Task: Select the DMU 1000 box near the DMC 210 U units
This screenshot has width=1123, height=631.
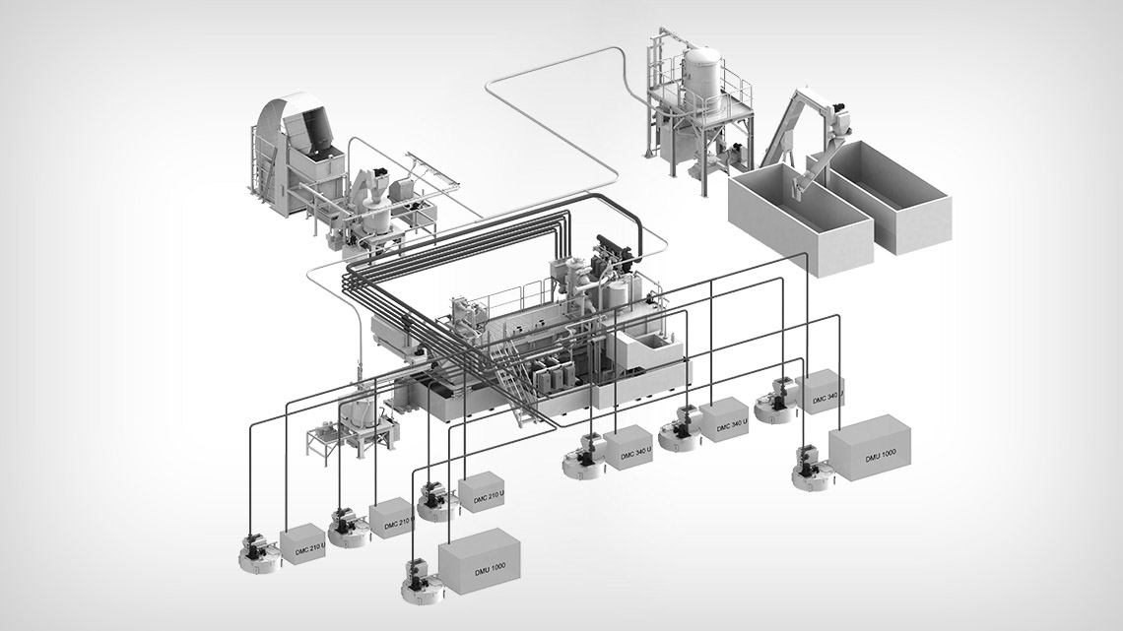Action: [479, 562]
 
